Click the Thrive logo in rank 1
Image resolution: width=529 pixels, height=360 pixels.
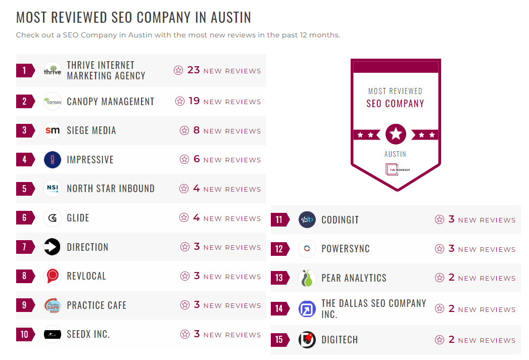[x=53, y=71]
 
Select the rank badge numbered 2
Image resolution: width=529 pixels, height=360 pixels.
[x=25, y=102]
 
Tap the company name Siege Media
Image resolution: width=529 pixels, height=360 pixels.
[x=91, y=130]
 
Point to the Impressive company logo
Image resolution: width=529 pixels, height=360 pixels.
[x=53, y=160]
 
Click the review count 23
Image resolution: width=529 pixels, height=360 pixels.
[x=194, y=70]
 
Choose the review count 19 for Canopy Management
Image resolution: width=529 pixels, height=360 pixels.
[x=195, y=101]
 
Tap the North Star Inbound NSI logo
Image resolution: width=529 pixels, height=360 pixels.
[x=53, y=189]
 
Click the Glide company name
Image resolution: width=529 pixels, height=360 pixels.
[x=78, y=218]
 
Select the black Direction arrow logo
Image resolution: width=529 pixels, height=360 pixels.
[x=53, y=247]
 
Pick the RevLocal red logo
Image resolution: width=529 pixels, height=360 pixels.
[x=53, y=276]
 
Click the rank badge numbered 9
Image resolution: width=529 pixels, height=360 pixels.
[x=25, y=305]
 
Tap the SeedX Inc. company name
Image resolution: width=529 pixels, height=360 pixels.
[x=88, y=334]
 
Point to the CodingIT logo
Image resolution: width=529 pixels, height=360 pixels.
[x=307, y=220]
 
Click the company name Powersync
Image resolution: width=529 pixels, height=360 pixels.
[x=346, y=249]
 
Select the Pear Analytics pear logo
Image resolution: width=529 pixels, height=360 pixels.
[x=307, y=278]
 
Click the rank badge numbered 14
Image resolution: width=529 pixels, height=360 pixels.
[x=279, y=309]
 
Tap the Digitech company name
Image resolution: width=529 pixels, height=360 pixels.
[x=340, y=340]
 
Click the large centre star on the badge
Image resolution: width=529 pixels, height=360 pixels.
[x=396, y=134]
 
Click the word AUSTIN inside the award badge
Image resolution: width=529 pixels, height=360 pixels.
[x=395, y=154]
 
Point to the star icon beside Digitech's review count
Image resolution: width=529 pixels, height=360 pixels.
[x=440, y=340]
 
